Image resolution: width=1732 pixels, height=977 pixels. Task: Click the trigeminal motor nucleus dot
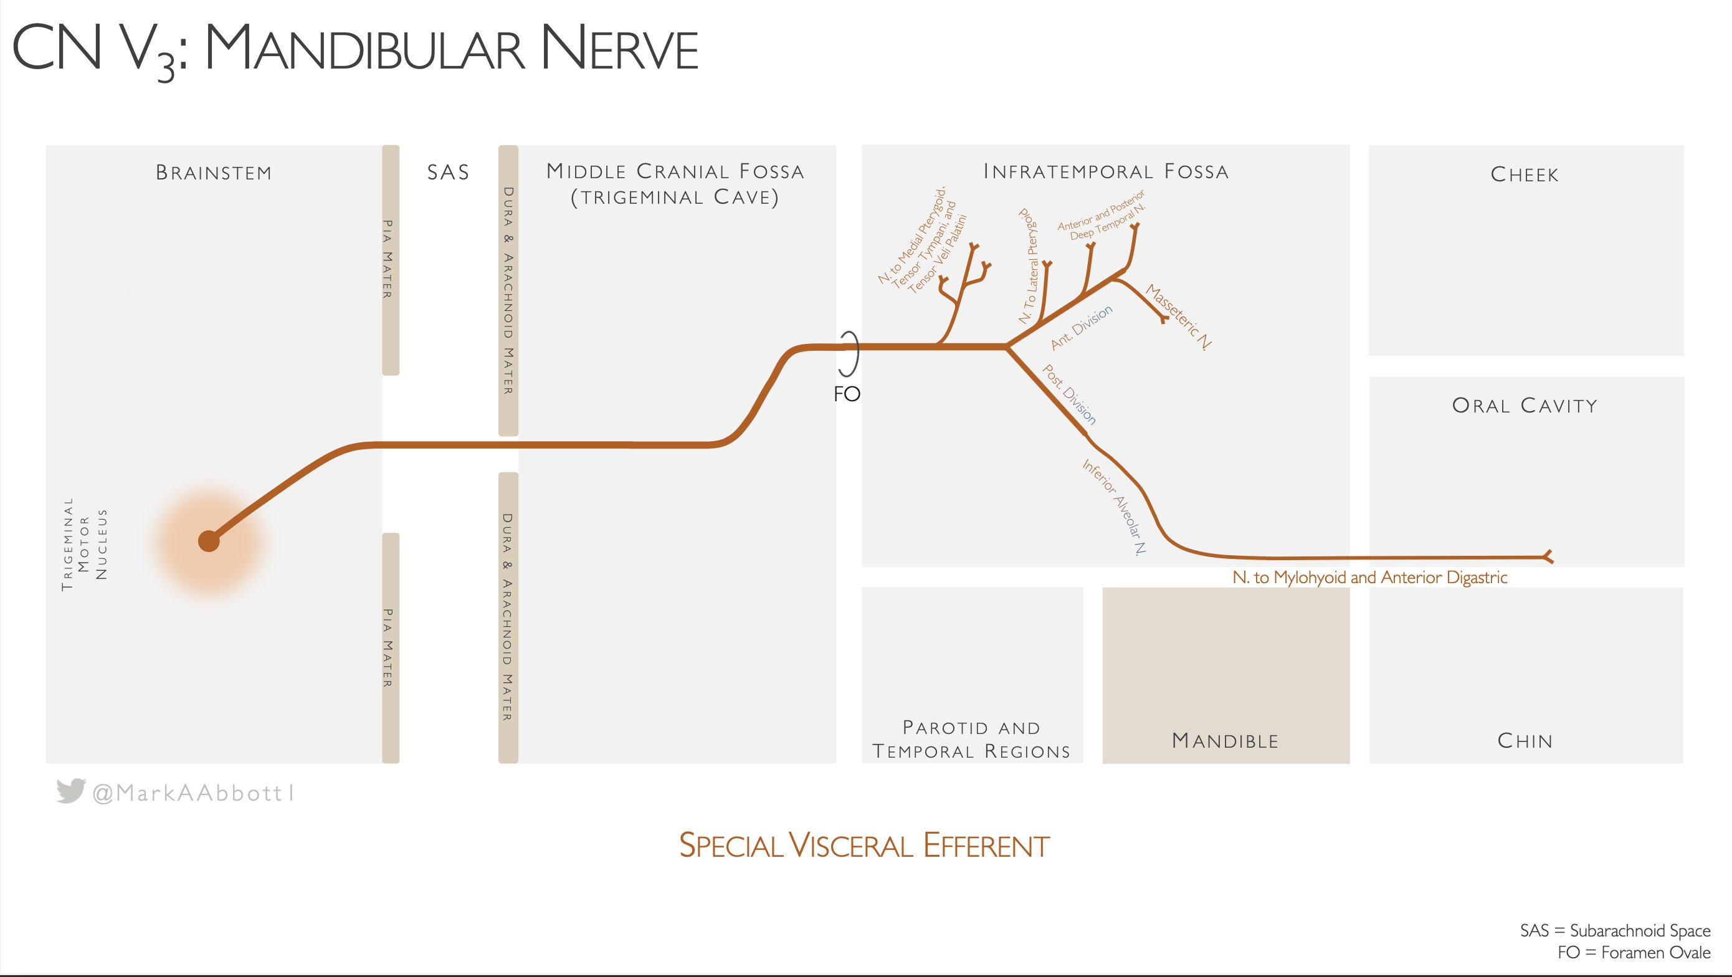[x=209, y=541]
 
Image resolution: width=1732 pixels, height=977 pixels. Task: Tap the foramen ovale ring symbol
[x=849, y=353]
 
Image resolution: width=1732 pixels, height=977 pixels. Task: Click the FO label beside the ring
[x=847, y=394]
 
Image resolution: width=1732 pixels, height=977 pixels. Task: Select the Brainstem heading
[x=214, y=173]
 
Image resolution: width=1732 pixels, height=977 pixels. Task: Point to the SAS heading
[x=448, y=173]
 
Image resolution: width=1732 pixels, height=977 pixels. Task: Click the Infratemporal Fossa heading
[x=1106, y=171]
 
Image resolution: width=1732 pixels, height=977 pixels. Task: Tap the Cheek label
[x=1525, y=175]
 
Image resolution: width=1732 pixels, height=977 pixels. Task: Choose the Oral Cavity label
[x=1525, y=406]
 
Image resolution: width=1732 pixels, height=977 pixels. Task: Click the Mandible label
[x=1225, y=741]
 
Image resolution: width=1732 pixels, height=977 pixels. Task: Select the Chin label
[x=1525, y=741]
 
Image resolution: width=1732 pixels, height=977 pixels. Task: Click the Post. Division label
[x=1069, y=394]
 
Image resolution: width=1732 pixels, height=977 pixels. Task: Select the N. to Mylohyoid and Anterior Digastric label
[x=1369, y=578]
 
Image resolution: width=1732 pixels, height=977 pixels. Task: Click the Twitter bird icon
[x=70, y=791]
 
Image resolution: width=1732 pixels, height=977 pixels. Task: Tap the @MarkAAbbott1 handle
[x=194, y=793]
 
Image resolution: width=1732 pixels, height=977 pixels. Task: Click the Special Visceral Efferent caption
[x=864, y=846]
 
